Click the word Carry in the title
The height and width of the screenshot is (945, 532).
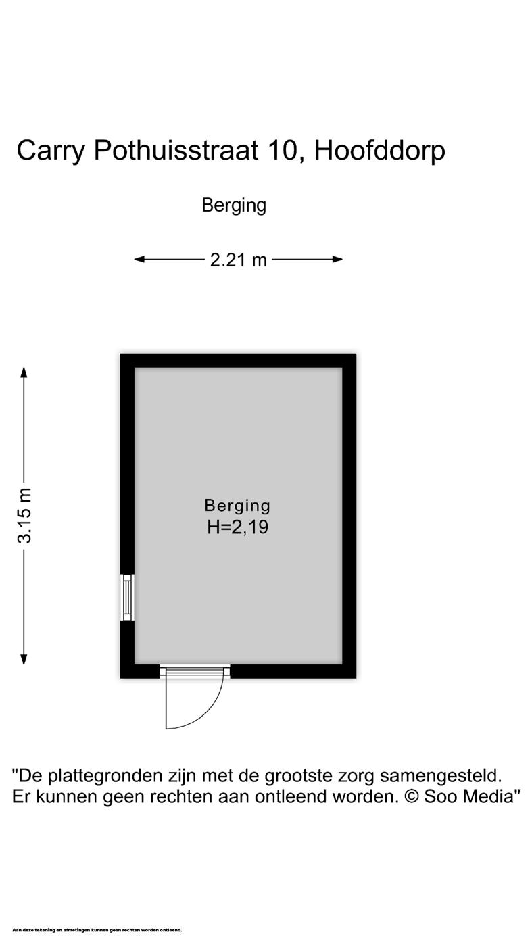tap(51, 150)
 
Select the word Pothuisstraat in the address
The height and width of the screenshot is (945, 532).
tap(176, 150)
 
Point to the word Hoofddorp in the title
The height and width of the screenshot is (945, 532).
tap(379, 150)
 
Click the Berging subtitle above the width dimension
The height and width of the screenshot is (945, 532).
tap(234, 205)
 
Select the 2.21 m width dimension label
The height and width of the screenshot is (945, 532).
tap(238, 260)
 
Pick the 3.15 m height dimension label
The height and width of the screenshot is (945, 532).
tap(24, 515)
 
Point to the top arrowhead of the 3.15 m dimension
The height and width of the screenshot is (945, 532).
tap(24, 372)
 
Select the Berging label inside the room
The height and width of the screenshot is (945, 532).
tap(237, 505)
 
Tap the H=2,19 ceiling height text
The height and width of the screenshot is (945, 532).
tap(237, 527)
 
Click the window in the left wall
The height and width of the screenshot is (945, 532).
tap(127, 597)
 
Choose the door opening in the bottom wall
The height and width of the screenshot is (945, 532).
tap(195, 671)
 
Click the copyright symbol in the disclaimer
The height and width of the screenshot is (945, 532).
tap(412, 796)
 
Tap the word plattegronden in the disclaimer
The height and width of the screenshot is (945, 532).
tap(106, 775)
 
